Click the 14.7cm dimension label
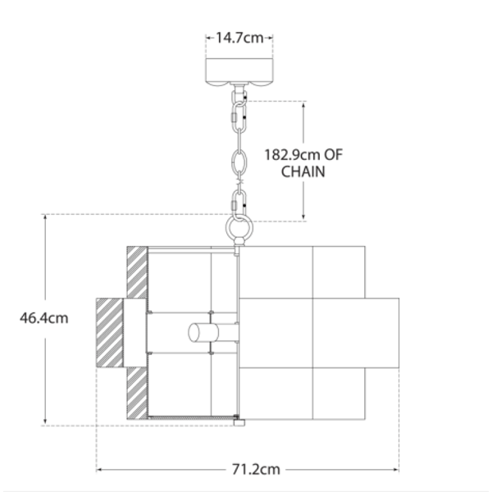pos(239,38)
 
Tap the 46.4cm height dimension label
pos(44,318)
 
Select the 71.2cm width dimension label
pos(256,470)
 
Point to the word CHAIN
pos(303,171)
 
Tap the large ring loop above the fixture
pos(239,227)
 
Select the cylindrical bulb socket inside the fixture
pos(203,333)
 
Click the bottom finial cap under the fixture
pos(239,423)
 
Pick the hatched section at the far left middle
pos(109,333)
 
